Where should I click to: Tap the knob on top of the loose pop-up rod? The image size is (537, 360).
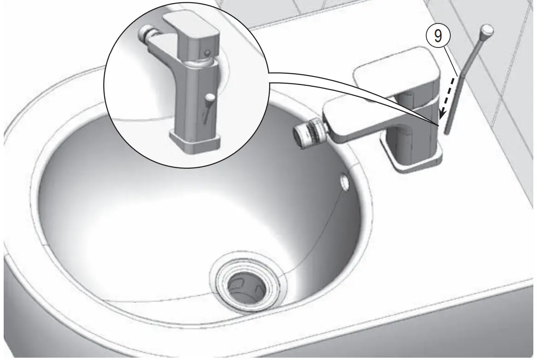[x=487, y=31]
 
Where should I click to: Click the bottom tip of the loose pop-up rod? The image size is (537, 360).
[x=447, y=133]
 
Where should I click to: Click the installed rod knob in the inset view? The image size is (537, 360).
[x=210, y=98]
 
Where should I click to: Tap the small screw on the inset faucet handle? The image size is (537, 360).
[x=209, y=52]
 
